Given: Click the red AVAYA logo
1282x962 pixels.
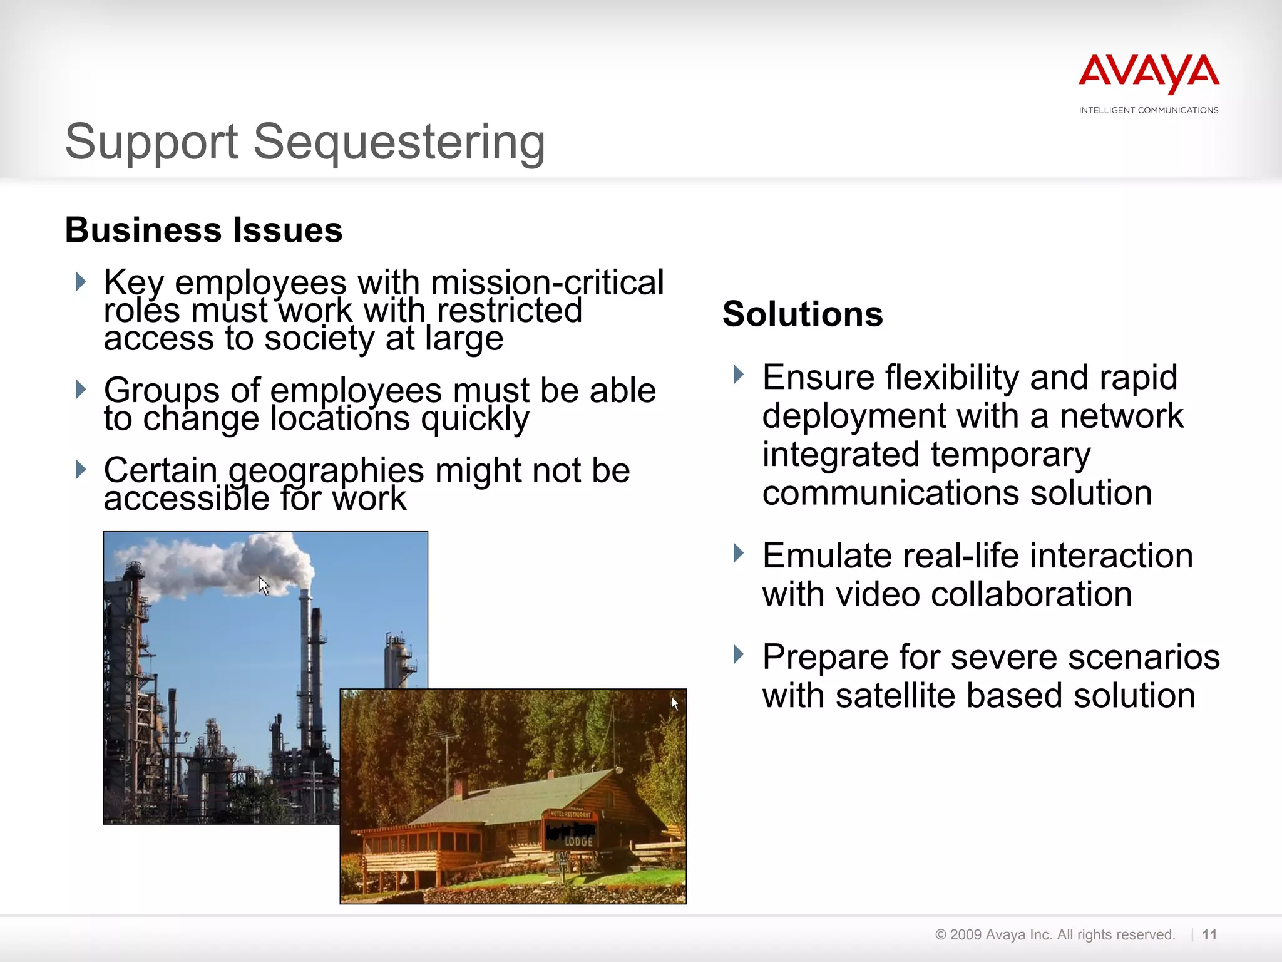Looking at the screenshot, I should (1149, 73).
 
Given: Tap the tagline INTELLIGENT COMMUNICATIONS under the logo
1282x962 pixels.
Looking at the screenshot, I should (1149, 110).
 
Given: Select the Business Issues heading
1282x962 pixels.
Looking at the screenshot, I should (204, 230).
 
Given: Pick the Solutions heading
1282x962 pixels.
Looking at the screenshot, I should (803, 314).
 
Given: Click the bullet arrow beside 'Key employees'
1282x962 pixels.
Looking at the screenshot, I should (80, 281).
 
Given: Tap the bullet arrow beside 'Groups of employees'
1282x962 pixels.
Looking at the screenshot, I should (80, 389).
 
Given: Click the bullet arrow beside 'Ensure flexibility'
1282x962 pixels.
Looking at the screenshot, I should (739, 375).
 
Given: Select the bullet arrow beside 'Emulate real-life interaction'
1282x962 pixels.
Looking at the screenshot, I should (739, 553).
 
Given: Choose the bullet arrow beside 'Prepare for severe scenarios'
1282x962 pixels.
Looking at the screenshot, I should (739, 654).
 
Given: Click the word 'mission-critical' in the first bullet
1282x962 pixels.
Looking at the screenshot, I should (547, 283).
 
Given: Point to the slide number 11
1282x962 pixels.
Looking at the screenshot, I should (1209, 934).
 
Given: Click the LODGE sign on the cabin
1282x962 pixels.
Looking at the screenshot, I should (578, 841).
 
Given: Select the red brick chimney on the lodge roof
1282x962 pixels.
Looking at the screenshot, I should (461, 787).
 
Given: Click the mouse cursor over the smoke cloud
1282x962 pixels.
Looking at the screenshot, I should (264, 586).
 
